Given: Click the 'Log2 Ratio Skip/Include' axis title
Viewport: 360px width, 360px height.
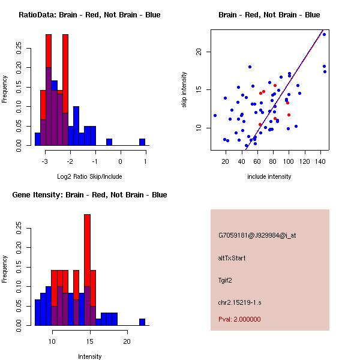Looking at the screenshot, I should (x=89, y=176).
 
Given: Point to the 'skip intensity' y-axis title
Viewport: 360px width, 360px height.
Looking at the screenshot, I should (x=185, y=90).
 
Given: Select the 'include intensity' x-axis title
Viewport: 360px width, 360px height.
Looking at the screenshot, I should (x=269, y=176).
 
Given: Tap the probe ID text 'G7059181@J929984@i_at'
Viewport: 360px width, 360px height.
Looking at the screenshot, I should (x=257, y=235).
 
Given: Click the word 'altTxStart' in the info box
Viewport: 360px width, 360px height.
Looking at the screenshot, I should (x=232, y=258).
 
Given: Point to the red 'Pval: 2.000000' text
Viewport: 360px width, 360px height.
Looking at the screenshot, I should (x=239, y=319).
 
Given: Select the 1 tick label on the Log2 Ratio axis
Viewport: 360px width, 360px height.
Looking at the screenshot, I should (x=145, y=161).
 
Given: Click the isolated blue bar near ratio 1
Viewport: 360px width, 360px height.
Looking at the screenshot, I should (x=142, y=142).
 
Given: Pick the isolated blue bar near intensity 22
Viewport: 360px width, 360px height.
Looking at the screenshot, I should (x=142, y=322).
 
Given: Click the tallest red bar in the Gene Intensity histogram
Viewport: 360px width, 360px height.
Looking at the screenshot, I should (x=87, y=252).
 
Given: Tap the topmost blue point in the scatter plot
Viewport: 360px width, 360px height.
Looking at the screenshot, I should (x=324, y=34).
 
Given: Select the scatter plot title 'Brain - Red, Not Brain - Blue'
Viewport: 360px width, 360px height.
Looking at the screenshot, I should (x=269, y=15).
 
